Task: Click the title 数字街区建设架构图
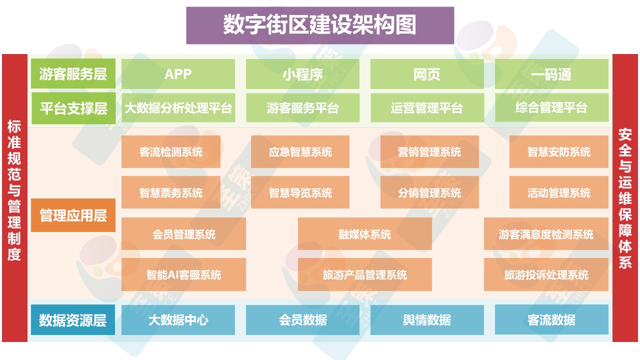tap(320, 25)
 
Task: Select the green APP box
tap(178, 74)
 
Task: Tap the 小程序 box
tap(302, 74)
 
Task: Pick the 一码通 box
tap(551, 74)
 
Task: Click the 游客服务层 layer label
tap(73, 74)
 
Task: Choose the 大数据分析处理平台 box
tap(178, 107)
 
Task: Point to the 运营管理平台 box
tap(427, 107)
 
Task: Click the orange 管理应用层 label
tap(73, 215)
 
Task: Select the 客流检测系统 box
tap(171, 151)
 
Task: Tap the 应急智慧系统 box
tap(300, 151)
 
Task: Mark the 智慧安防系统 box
tap(558, 151)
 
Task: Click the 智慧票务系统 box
tap(171, 192)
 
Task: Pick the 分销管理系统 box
tap(429, 192)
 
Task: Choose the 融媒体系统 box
tap(365, 233)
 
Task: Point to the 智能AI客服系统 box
tap(183, 274)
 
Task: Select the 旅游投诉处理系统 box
tap(546, 274)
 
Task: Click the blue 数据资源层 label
tap(73, 320)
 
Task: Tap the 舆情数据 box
tap(427, 320)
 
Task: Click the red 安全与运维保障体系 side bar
tap(625, 198)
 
